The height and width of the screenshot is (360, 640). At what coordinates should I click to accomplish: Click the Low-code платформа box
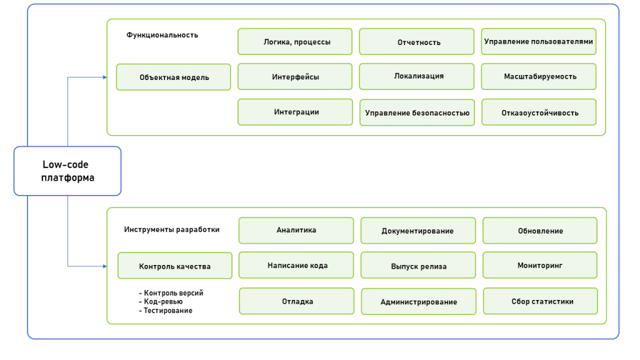click(67, 171)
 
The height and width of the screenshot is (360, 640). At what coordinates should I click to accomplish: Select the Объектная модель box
click(174, 77)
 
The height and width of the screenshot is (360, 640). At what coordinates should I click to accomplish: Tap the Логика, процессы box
click(295, 42)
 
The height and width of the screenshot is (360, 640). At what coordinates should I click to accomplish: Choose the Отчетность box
click(417, 42)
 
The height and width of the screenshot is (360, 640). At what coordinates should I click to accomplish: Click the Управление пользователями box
click(539, 41)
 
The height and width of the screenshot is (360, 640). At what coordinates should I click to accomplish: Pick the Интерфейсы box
click(295, 77)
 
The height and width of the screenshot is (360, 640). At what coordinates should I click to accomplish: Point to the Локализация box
click(417, 76)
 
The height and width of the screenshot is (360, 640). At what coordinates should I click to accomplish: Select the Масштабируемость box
click(539, 77)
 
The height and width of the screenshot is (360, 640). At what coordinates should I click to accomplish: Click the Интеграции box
click(295, 112)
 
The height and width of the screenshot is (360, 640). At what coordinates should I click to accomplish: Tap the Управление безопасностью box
click(417, 113)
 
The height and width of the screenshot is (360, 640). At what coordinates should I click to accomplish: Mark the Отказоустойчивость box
click(539, 112)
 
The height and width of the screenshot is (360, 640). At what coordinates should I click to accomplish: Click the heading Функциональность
click(162, 35)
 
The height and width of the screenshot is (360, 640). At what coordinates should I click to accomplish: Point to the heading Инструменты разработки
click(172, 229)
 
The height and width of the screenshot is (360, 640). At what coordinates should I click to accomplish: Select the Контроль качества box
click(175, 266)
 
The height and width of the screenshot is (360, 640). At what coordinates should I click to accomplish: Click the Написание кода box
click(296, 265)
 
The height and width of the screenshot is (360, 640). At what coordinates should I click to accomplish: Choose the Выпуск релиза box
click(418, 266)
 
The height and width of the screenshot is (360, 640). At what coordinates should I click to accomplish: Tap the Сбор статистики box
click(540, 301)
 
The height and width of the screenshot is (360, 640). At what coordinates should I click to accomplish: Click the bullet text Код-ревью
click(162, 301)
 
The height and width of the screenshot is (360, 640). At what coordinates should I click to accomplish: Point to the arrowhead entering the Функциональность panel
click(104, 77)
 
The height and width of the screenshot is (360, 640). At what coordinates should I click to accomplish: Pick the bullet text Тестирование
click(167, 311)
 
